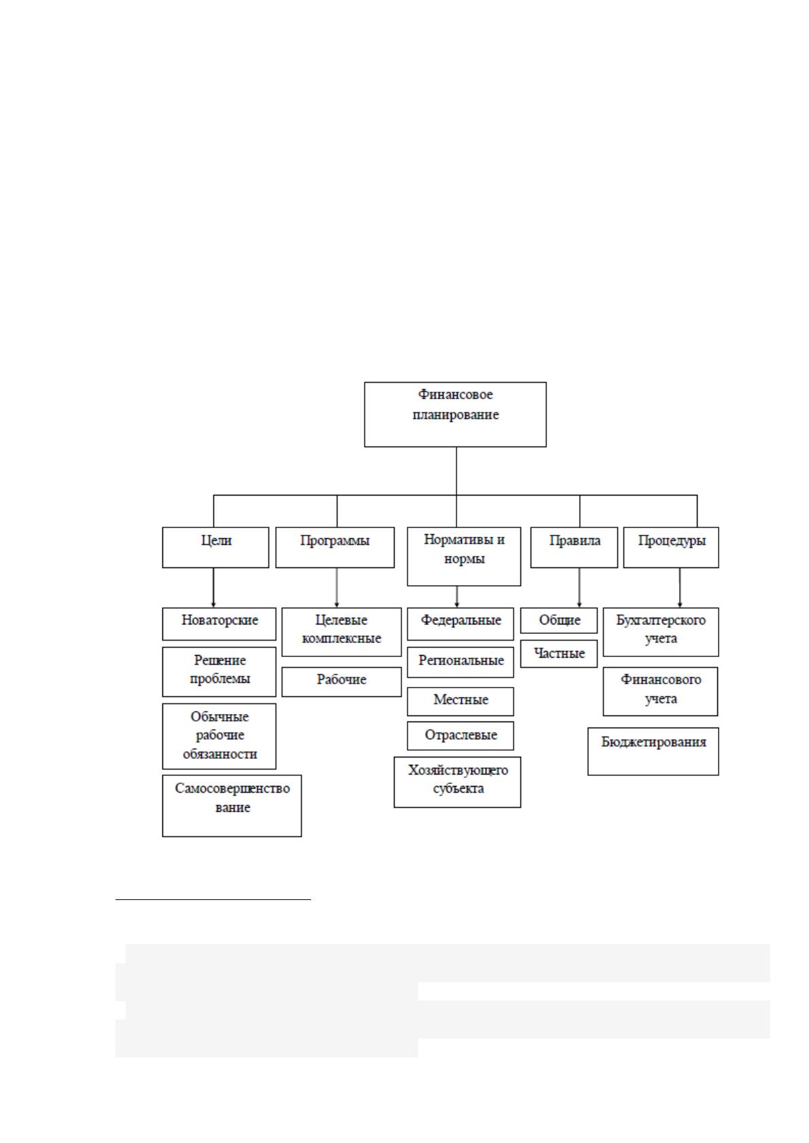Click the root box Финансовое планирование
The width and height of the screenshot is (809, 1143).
click(x=455, y=414)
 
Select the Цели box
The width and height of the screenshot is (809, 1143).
click(x=215, y=547)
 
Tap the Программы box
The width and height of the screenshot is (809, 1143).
click(x=335, y=547)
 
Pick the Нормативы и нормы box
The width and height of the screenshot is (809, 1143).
click(x=464, y=556)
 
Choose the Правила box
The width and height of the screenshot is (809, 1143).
click(x=574, y=547)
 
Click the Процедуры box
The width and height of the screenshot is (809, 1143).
click(x=671, y=547)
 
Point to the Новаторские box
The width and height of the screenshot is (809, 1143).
click(x=219, y=624)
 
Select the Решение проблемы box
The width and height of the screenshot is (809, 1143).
click(x=219, y=671)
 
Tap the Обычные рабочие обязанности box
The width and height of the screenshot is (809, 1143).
click(x=219, y=736)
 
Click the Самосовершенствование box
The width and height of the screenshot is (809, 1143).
click(x=232, y=806)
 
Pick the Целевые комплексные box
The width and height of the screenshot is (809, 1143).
click(x=342, y=632)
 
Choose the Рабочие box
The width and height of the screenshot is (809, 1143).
click(x=342, y=681)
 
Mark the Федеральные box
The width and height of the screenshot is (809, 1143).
click(x=460, y=624)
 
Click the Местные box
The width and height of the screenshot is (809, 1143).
click(x=460, y=701)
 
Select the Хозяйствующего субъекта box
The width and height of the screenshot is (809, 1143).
click(x=458, y=782)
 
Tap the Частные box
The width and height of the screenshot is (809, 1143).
click(x=559, y=654)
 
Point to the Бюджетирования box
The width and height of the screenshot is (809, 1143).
click(x=653, y=751)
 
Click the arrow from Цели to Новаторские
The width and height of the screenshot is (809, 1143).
click(x=213, y=587)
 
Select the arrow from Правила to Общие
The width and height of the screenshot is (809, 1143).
click(x=579, y=587)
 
